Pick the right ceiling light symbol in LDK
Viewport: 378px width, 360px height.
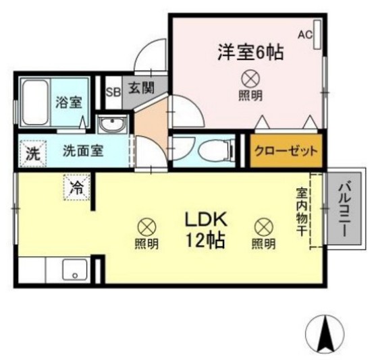(x=263, y=227)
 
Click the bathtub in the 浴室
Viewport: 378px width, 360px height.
(x=32, y=103)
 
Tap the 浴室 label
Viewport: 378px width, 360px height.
(x=68, y=103)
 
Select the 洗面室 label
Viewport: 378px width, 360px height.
(x=83, y=151)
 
